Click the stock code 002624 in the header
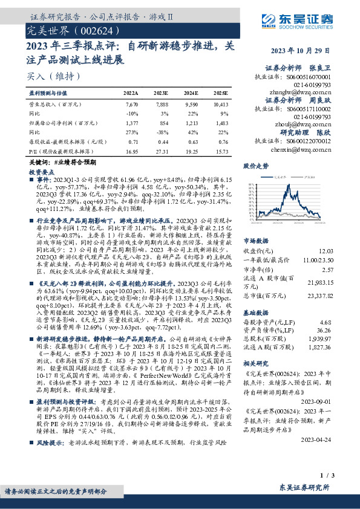[93, 29]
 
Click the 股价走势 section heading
[255, 165]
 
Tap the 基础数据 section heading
[255, 314]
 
